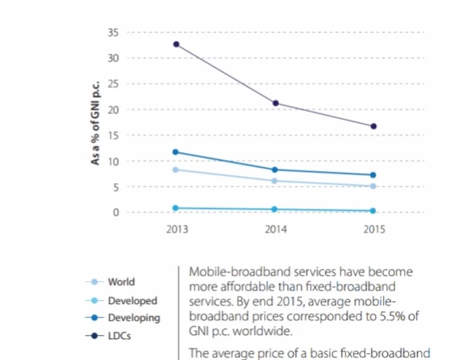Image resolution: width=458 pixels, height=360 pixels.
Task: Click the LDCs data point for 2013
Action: click(176, 45)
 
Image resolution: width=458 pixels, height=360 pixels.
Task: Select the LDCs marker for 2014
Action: click(275, 103)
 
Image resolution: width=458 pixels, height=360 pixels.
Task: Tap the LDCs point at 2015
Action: click(374, 126)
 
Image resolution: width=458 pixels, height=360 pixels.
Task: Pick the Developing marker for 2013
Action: click(176, 152)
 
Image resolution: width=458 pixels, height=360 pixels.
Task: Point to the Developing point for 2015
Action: click(374, 175)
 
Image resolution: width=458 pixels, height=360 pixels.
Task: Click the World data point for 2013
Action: click(176, 170)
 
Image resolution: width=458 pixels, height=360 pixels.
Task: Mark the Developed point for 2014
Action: click(275, 209)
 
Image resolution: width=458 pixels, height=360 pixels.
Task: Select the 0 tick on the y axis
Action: click(116, 213)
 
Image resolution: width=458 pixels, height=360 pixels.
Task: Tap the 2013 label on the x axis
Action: click(176, 230)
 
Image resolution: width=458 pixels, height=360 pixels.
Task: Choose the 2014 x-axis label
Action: click(275, 230)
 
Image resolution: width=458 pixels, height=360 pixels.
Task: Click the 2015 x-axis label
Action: click(374, 230)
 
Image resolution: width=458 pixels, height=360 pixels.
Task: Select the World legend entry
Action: click(121, 282)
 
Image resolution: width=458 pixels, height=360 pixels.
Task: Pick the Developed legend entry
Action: click(132, 301)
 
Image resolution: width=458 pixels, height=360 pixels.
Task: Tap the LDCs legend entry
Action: click(120, 335)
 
